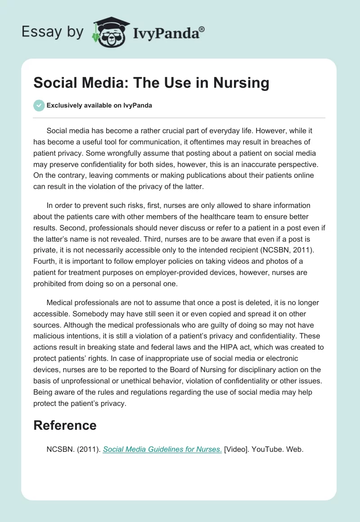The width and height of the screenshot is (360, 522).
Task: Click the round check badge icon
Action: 39,105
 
